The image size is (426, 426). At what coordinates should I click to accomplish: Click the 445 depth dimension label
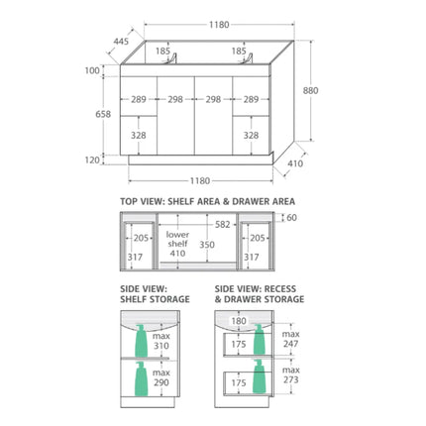121,42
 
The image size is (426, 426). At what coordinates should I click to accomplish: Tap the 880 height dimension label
310,90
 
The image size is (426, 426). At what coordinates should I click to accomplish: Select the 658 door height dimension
103,114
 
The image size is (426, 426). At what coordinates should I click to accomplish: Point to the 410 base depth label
295,163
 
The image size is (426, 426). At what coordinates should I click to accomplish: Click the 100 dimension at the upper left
92,70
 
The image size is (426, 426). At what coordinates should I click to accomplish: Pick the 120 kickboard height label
92,160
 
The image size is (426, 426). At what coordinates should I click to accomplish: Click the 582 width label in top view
222,225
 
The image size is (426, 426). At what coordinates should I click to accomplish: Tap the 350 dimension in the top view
207,245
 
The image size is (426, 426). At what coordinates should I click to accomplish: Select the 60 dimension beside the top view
292,218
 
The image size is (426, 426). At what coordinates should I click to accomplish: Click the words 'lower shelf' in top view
177,239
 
